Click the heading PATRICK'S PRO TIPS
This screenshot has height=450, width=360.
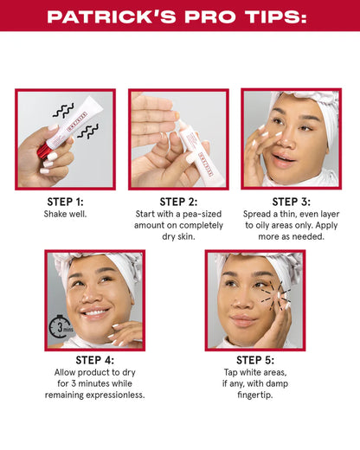point(180,16)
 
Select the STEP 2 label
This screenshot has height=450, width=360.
point(179,202)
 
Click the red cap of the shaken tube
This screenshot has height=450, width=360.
point(42,154)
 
